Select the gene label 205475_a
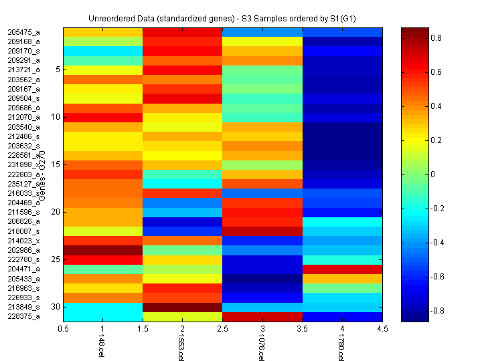pyautogui.click(x=24, y=31)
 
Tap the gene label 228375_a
pyautogui.click(x=24, y=317)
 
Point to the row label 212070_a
pyautogui.click(x=24, y=117)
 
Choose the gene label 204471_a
pyautogui.click(x=24, y=269)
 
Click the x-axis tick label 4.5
pyautogui.click(x=383, y=329)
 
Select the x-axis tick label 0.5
pyautogui.click(x=64, y=329)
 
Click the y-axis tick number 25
pyautogui.click(x=56, y=259)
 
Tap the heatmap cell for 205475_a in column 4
pyautogui.click(x=343, y=32)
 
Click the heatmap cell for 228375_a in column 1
pyautogui.click(x=103, y=317)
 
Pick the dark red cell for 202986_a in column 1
pyautogui.click(x=103, y=250)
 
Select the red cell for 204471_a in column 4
pyautogui.click(x=343, y=269)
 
